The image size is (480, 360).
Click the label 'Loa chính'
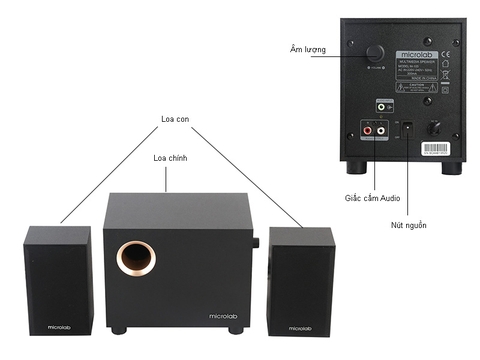coord(171,158)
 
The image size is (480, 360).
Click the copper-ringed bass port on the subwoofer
coord(134,259)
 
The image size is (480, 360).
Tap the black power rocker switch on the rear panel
coord(406,127)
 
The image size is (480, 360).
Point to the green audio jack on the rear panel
coord(383,106)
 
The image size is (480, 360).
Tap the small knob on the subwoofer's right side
coord(258,243)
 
